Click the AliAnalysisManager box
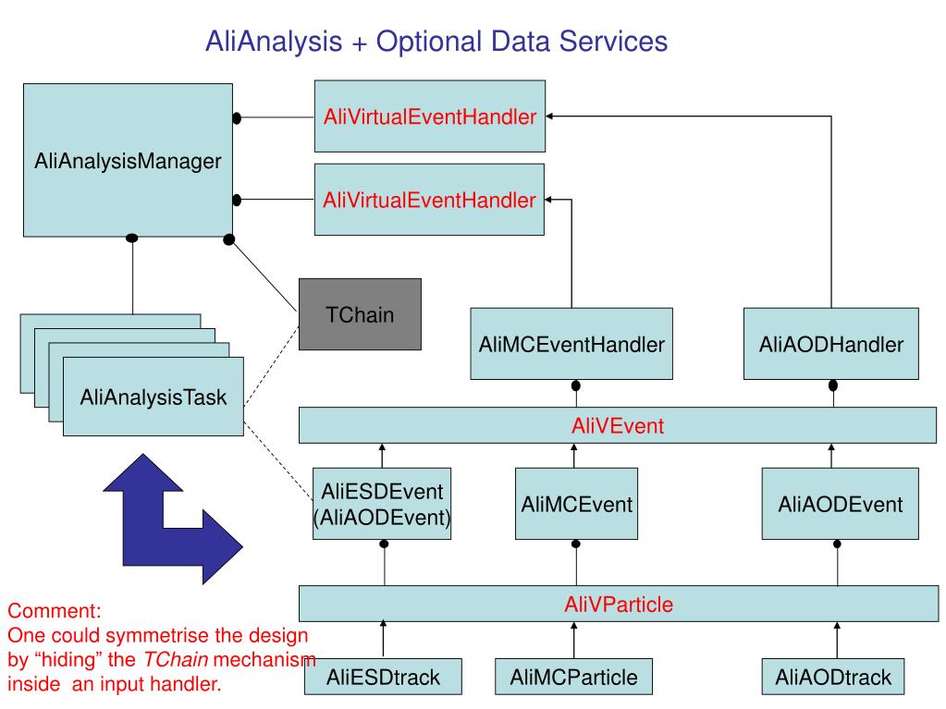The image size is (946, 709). click(x=128, y=161)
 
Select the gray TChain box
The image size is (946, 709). click(x=360, y=314)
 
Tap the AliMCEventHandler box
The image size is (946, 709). click(x=572, y=344)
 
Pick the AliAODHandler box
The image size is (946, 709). click(x=831, y=344)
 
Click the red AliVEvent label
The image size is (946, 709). click(x=618, y=426)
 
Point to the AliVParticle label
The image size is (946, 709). click(x=618, y=605)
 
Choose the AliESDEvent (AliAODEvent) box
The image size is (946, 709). click(x=382, y=505)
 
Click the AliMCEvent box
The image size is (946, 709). click(x=576, y=505)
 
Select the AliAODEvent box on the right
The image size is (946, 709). click(x=840, y=505)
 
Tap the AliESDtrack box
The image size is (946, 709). click(x=383, y=678)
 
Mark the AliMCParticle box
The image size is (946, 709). click(x=573, y=678)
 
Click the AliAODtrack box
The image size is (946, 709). click(x=833, y=678)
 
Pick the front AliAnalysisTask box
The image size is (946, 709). click(x=153, y=397)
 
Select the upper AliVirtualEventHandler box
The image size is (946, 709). click(x=430, y=116)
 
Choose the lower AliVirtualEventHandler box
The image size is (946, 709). click(x=430, y=199)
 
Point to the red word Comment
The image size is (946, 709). click(x=55, y=612)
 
